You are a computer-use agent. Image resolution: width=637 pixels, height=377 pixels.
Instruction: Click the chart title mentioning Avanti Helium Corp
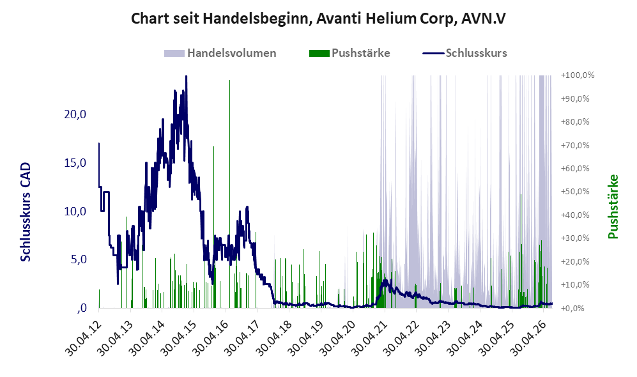point(318,19)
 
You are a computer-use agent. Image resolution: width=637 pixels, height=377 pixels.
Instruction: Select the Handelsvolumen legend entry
point(220,53)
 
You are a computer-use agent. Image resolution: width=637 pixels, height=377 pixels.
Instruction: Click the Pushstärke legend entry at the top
point(349,53)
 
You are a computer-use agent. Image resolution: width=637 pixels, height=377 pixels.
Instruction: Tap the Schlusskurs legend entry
point(464,53)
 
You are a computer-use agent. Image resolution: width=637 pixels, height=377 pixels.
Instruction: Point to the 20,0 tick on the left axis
point(75,114)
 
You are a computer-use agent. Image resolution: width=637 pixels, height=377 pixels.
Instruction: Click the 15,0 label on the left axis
point(75,163)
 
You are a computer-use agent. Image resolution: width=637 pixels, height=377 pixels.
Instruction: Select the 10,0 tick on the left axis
point(75,212)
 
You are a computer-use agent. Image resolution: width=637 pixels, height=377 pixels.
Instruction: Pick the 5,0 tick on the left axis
point(79,259)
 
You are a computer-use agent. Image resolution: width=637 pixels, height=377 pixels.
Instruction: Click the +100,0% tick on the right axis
point(578,75)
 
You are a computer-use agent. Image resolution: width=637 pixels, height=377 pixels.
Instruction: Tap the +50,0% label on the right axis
point(575,191)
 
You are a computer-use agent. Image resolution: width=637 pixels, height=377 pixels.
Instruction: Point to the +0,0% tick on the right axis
point(573,308)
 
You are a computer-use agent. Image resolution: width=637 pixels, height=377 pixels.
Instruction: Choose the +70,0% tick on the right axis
point(575,145)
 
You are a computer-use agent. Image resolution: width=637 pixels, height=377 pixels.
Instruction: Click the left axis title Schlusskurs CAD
point(26,212)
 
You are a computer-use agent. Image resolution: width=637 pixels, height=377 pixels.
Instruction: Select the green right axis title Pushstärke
point(613,206)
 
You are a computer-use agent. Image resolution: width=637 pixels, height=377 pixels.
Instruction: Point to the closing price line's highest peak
point(186,76)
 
